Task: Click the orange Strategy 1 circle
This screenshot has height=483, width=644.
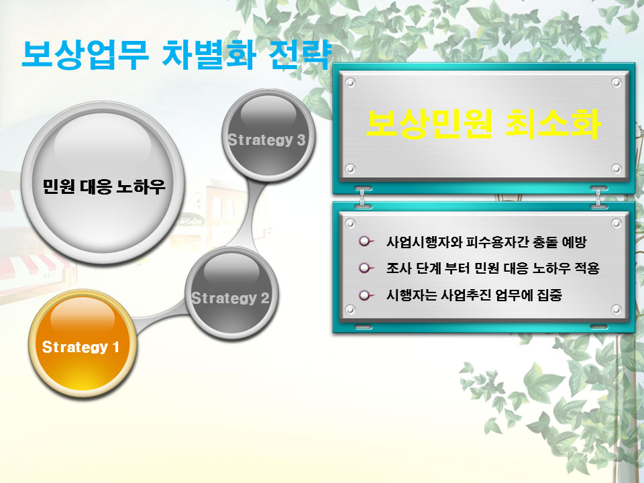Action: [x=81, y=343]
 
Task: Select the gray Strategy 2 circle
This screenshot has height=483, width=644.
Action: [x=231, y=293]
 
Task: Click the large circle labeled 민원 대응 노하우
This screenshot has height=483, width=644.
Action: [x=103, y=182]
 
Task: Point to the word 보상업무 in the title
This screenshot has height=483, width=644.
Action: [x=85, y=54]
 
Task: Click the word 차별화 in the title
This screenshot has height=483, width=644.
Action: [x=209, y=54]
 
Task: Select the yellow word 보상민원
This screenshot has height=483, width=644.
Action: [x=429, y=123]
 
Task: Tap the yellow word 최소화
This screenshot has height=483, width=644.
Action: [x=552, y=123]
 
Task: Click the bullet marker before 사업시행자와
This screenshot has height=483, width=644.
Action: [x=366, y=241]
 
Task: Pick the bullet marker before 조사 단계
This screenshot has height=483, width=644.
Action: [x=366, y=268]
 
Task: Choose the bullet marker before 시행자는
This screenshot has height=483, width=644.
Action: [x=366, y=295]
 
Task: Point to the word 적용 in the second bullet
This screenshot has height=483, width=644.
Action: [x=588, y=268]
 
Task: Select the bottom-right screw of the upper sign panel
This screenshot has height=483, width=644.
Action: [x=616, y=168]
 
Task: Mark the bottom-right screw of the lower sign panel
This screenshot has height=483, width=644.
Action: [x=616, y=309]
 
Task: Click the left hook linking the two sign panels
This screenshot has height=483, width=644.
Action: [x=362, y=197]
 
